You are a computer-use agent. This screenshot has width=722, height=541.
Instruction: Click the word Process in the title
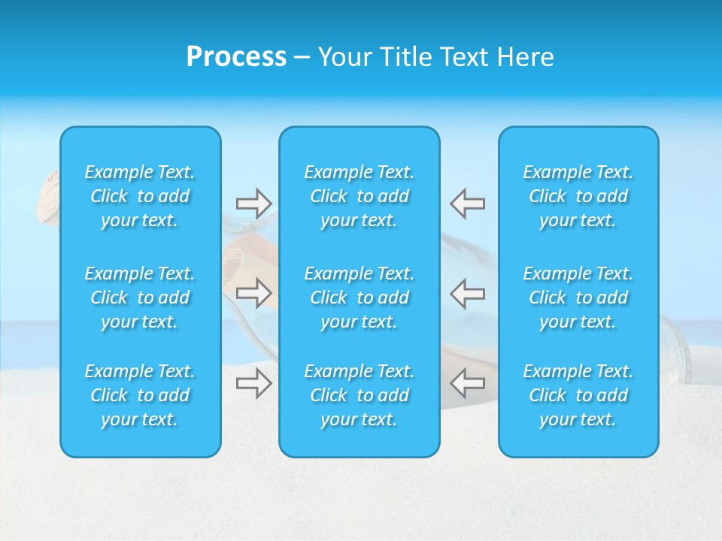tap(236, 57)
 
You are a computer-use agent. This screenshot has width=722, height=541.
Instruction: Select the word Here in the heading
tap(524, 57)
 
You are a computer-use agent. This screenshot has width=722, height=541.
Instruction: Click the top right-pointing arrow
tap(254, 203)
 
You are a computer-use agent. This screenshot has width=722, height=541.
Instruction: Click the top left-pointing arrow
tap(467, 203)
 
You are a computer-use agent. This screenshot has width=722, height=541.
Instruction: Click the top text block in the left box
tap(140, 196)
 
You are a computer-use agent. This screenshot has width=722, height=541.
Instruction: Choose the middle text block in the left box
tap(140, 298)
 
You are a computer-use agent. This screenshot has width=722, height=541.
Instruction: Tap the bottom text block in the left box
tap(140, 395)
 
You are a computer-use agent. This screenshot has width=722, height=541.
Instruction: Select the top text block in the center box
tap(359, 196)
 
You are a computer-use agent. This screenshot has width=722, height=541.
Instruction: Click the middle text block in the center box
tap(359, 298)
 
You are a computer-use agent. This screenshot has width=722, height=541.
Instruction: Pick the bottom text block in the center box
tap(359, 395)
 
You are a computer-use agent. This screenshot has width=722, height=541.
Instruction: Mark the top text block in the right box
tap(578, 196)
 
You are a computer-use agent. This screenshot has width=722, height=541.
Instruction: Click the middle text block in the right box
tap(578, 298)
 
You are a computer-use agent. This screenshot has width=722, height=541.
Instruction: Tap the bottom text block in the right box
tap(578, 395)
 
